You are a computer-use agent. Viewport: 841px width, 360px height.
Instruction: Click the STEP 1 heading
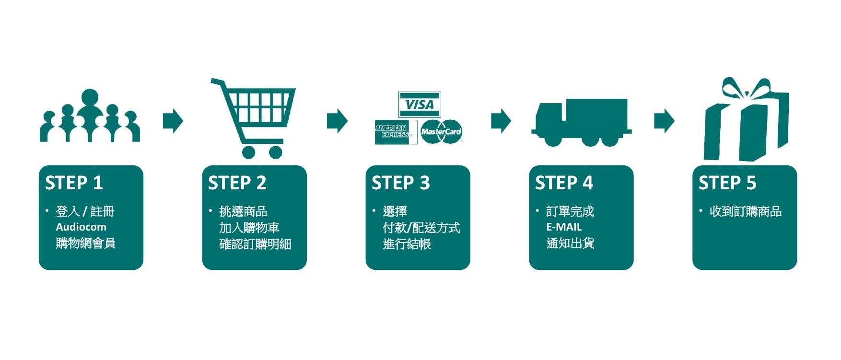[74, 183]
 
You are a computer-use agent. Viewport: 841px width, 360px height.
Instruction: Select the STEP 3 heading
[401, 183]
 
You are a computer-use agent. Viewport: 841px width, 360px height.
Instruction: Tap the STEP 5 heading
[727, 183]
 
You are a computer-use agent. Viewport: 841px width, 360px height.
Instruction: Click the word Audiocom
[81, 227]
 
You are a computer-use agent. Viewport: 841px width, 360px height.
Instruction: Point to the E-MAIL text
[564, 227]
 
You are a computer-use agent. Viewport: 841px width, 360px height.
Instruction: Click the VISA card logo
[420, 105]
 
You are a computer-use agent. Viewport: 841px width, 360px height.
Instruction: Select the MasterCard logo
[441, 131]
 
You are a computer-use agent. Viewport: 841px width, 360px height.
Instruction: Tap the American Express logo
[392, 132]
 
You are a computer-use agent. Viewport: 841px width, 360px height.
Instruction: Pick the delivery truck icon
[582, 122]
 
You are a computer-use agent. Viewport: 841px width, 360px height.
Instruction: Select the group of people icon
[90, 117]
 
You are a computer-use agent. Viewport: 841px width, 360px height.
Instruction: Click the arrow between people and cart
[173, 121]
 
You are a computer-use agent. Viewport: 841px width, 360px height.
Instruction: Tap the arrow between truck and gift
[664, 121]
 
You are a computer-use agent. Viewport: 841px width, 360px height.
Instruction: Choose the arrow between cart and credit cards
[337, 121]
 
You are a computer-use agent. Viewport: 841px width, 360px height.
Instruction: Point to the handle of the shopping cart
[218, 82]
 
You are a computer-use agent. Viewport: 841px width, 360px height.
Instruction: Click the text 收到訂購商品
[746, 211]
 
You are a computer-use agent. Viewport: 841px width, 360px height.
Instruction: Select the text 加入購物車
[249, 228]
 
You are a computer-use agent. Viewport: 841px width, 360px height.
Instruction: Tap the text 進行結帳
[407, 244]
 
